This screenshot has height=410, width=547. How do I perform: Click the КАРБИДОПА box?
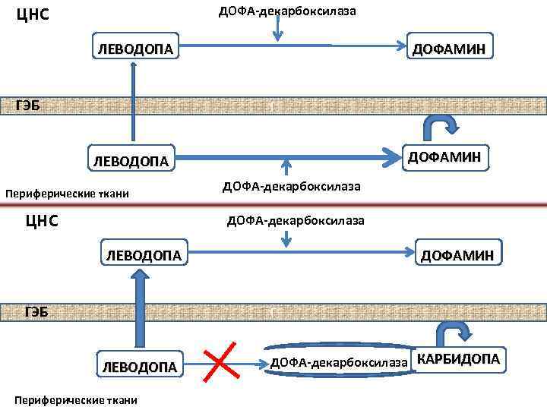click(x=457, y=359)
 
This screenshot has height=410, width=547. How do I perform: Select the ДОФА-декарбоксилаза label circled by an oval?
click(x=340, y=362)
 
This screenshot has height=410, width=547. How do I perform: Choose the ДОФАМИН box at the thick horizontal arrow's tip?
click(x=444, y=157)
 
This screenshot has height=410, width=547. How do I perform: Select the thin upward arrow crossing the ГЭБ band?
click(x=134, y=102)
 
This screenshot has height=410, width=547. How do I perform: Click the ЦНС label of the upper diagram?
click(x=33, y=14)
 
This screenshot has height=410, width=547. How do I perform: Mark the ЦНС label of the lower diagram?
click(x=42, y=221)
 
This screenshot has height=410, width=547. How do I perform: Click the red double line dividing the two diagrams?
click(x=273, y=204)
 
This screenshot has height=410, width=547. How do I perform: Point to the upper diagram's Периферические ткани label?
click(x=68, y=194)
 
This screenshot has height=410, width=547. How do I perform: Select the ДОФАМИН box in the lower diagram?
click(x=457, y=256)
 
